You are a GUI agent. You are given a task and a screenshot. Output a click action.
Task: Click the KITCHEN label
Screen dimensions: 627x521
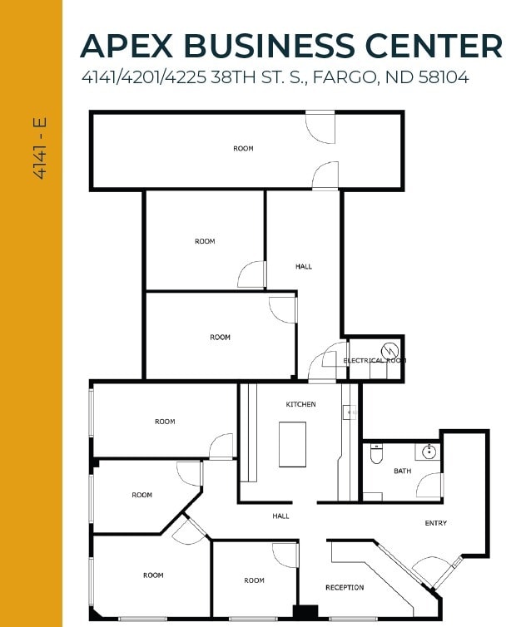coord(300,404)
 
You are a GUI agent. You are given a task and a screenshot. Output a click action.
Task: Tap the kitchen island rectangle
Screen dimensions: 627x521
coord(292,444)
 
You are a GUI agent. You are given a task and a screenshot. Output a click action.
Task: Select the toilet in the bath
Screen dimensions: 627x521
coord(375,455)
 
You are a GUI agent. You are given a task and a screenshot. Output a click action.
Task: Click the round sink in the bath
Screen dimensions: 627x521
coord(429,452)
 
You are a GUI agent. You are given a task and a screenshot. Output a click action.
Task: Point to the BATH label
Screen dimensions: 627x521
coord(402,471)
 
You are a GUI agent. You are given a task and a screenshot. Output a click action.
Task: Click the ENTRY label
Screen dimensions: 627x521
coord(435,523)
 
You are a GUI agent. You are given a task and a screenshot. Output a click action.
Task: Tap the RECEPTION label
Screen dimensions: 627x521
coord(345,588)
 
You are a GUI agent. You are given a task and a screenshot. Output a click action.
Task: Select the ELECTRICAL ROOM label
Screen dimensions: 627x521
coord(375,361)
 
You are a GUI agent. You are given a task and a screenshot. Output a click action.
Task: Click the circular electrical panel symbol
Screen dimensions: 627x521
coord(387,349)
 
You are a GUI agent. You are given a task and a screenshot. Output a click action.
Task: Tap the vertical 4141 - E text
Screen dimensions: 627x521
coord(39,149)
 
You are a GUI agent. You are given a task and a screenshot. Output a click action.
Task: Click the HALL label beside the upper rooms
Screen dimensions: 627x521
coord(304,267)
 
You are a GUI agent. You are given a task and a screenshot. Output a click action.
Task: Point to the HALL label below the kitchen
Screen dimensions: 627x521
coord(280,516)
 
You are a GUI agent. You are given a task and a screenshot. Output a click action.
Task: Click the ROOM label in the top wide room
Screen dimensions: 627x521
coord(243,149)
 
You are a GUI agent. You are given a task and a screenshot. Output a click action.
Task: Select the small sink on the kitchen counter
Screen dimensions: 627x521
coord(350,411)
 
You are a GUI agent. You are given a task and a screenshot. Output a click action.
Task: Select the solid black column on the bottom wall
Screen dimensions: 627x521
coord(305,613)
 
